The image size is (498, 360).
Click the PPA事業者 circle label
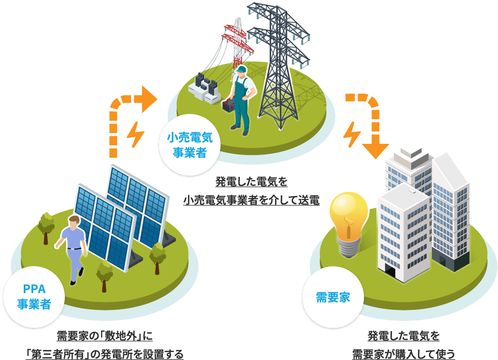point(34,297)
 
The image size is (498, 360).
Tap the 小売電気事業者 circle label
point(189,145)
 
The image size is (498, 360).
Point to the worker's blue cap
point(241,69)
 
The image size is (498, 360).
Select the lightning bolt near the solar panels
point(136,134)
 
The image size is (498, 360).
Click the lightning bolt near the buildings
point(352,134)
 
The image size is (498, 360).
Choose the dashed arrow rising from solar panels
point(123,115)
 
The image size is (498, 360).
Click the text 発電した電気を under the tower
point(251,182)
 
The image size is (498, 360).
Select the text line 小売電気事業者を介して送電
point(251,200)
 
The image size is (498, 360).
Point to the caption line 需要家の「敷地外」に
point(104,336)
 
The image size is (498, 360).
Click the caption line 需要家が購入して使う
point(403,353)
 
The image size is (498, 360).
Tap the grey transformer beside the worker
point(204,88)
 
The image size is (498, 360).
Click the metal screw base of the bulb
point(348,248)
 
